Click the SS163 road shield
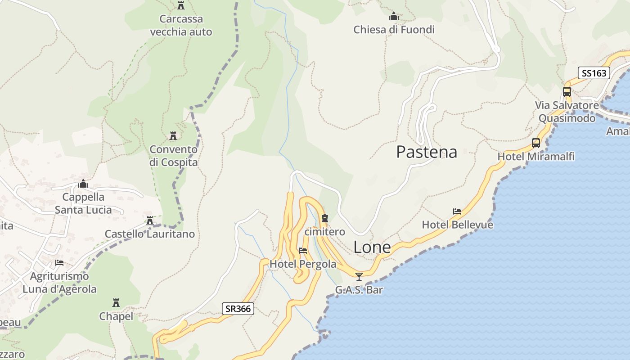point(594,73)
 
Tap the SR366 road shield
point(238,309)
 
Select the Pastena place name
point(426,152)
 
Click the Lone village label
point(372,247)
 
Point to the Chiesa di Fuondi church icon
point(394,17)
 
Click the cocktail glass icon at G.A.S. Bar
point(359,276)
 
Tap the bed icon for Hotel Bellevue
point(457,211)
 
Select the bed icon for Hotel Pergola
point(303,251)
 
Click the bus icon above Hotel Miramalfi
point(535,143)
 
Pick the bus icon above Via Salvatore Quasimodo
point(567,92)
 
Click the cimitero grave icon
point(325,219)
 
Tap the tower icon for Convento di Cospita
point(173,135)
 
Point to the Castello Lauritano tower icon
point(150,220)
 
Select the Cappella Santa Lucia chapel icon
point(83,184)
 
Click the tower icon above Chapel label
point(116,302)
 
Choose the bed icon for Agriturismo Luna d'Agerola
point(59,263)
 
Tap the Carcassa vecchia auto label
point(181,26)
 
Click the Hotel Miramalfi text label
point(535,157)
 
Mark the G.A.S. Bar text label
point(359,290)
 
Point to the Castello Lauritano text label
point(150,234)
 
